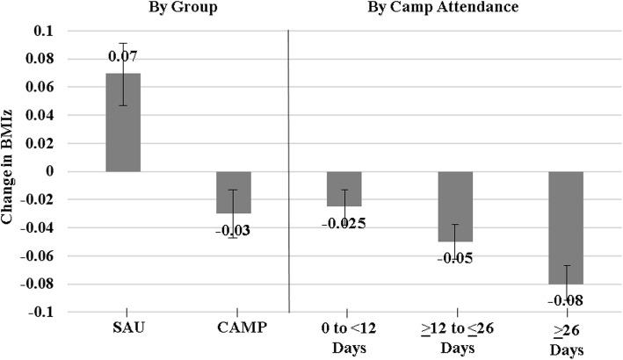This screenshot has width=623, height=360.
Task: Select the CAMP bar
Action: (x=234, y=192)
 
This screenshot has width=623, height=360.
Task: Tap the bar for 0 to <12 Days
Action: (x=344, y=189)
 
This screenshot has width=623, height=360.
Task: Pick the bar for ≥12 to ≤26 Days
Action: (x=455, y=206)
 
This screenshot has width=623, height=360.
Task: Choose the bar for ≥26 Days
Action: (x=566, y=227)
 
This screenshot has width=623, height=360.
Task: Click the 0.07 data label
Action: (x=123, y=56)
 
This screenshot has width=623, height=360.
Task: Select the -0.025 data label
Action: (x=344, y=222)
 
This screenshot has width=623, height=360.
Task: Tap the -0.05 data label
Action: (x=455, y=257)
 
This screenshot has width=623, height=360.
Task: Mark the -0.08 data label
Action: (x=566, y=300)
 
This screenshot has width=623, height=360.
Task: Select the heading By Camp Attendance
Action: (x=456, y=10)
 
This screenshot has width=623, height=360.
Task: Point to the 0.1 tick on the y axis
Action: (x=41, y=31)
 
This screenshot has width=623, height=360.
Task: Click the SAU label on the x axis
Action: (x=123, y=328)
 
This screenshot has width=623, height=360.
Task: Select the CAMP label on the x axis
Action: (x=234, y=328)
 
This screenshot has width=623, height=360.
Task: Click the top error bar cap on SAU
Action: (x=123, y=43)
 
